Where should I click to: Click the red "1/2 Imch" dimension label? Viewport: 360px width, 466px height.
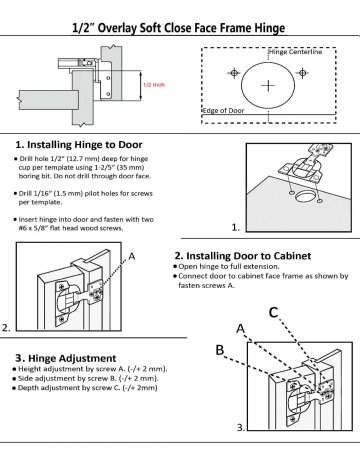(x=153, y=86)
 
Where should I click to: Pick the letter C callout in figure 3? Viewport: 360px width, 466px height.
(x=274, y=312)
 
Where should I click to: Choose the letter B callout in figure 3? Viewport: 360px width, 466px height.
(x=220, y=349)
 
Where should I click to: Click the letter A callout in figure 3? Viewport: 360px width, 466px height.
(x=240, y=328)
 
